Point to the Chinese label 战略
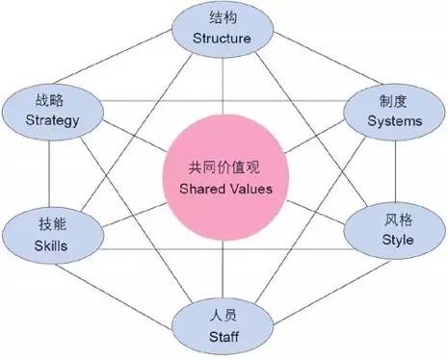click(x=46, y=100)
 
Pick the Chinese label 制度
click(x=394, y=100)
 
